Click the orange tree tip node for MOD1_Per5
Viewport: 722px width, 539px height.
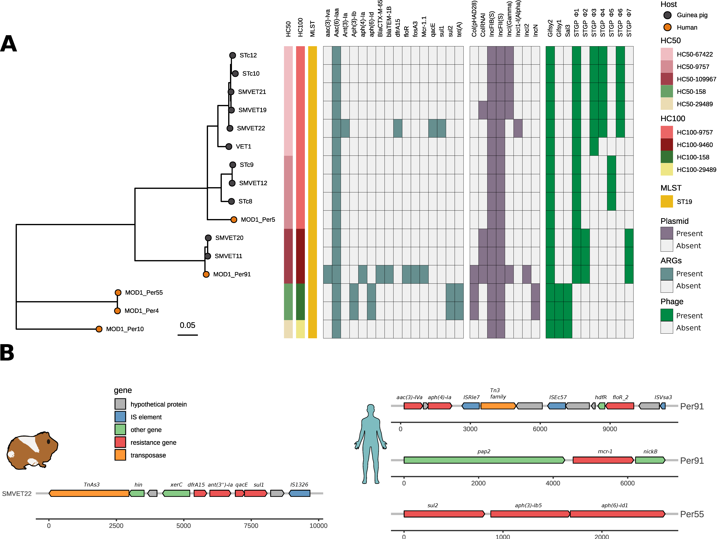click(234, 220)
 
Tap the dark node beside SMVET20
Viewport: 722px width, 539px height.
click(208, 238)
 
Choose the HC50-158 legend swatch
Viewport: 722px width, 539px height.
click(667, 91)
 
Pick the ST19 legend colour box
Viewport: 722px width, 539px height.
click(667, 201)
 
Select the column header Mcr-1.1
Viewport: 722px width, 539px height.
click(424, 26)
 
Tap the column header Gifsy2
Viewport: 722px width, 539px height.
click(550, 28)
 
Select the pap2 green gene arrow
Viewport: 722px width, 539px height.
click(484, 460)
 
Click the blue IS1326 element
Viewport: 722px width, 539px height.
click(299, 493)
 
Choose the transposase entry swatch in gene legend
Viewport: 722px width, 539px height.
click(120, 455)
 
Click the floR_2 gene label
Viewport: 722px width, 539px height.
click(620, 397)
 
